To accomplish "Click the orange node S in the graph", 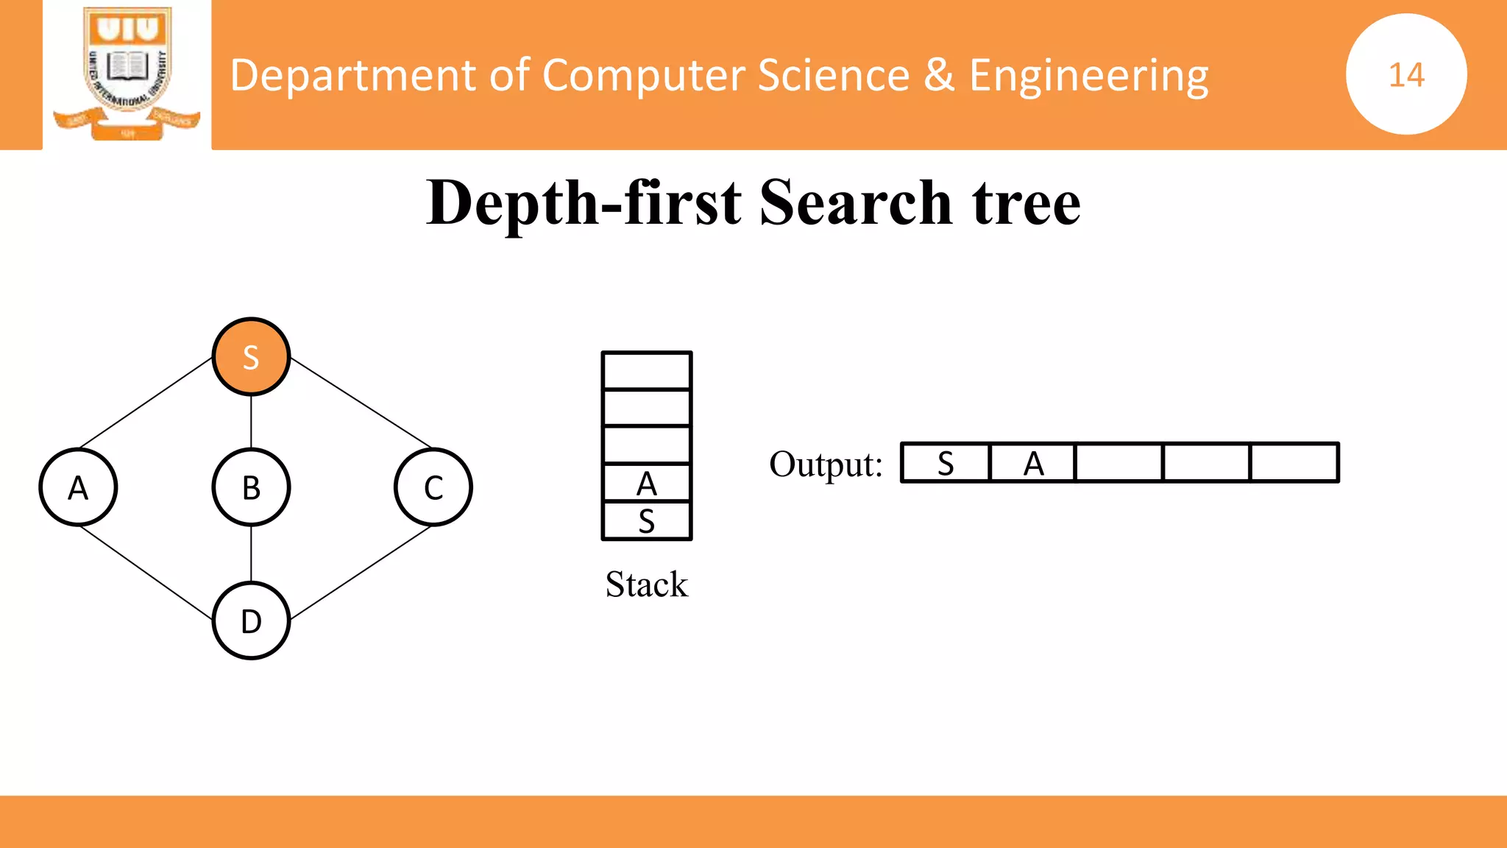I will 251,357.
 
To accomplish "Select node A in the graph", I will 78,487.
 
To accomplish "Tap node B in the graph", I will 251,487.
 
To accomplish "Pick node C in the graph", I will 433,487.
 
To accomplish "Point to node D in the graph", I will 251,621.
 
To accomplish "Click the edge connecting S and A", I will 146,403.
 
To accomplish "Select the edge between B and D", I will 251,554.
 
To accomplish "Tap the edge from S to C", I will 361,403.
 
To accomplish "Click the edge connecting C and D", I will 361,573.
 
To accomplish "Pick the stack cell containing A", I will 647,484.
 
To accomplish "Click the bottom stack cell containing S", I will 647,521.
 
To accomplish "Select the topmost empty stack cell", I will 647,371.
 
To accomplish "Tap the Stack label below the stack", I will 647,584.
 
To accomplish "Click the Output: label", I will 826,464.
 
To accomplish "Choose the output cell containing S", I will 946,463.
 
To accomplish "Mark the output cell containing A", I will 1033,463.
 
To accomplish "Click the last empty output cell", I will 1294,463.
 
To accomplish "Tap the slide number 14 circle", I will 1406,74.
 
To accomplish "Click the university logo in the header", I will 127,74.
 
